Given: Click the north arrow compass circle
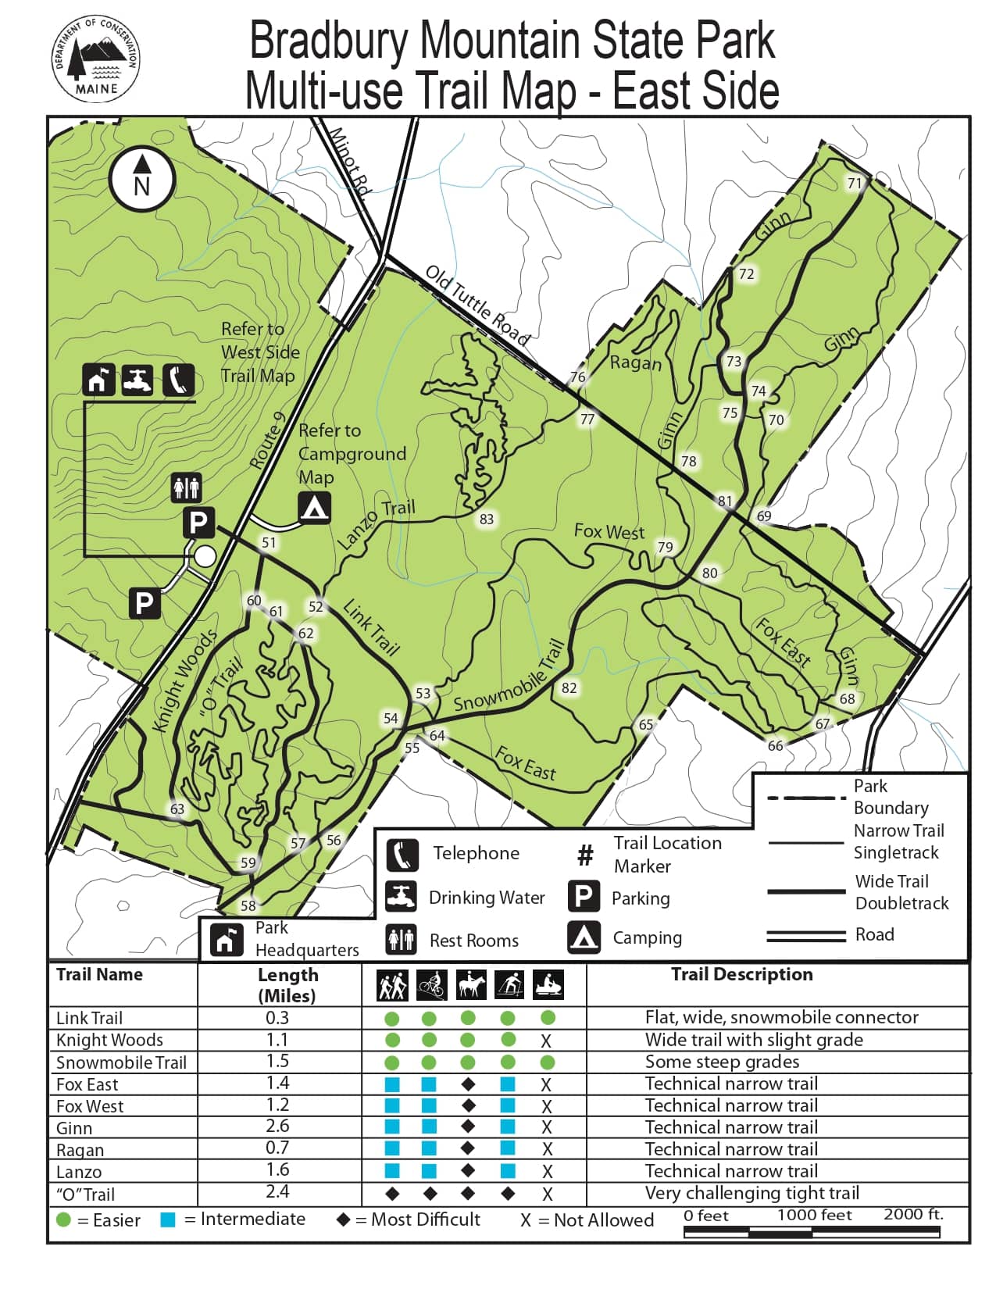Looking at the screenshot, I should coord(141,180).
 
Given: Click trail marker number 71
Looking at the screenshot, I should coord(855,183).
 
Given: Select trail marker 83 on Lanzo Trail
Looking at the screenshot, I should coord(487,519).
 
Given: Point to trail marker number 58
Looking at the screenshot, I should coord(248,905).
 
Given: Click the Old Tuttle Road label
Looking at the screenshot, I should coord(478,305).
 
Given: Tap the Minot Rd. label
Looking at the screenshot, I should coord(348,160).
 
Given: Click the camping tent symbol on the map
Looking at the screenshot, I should coord(314,508).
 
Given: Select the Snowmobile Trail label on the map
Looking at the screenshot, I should coord(509,677).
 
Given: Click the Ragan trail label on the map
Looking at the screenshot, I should coord(635,362).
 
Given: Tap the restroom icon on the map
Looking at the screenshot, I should coord(186,487).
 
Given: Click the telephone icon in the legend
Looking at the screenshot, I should coord(402,854).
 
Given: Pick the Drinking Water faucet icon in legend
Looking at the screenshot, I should coord(402,896).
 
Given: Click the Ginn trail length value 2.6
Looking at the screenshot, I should coord(277,1127).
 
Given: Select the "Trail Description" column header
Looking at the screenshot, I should coord(741,974).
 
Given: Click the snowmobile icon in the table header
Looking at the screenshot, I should coord(548,985).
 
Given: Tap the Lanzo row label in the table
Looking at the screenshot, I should coord(79,1172).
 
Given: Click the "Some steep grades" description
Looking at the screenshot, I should coord(722,1062).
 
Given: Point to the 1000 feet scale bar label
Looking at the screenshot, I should coord(814,1215).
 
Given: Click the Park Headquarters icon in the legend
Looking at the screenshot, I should coord(225,939).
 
